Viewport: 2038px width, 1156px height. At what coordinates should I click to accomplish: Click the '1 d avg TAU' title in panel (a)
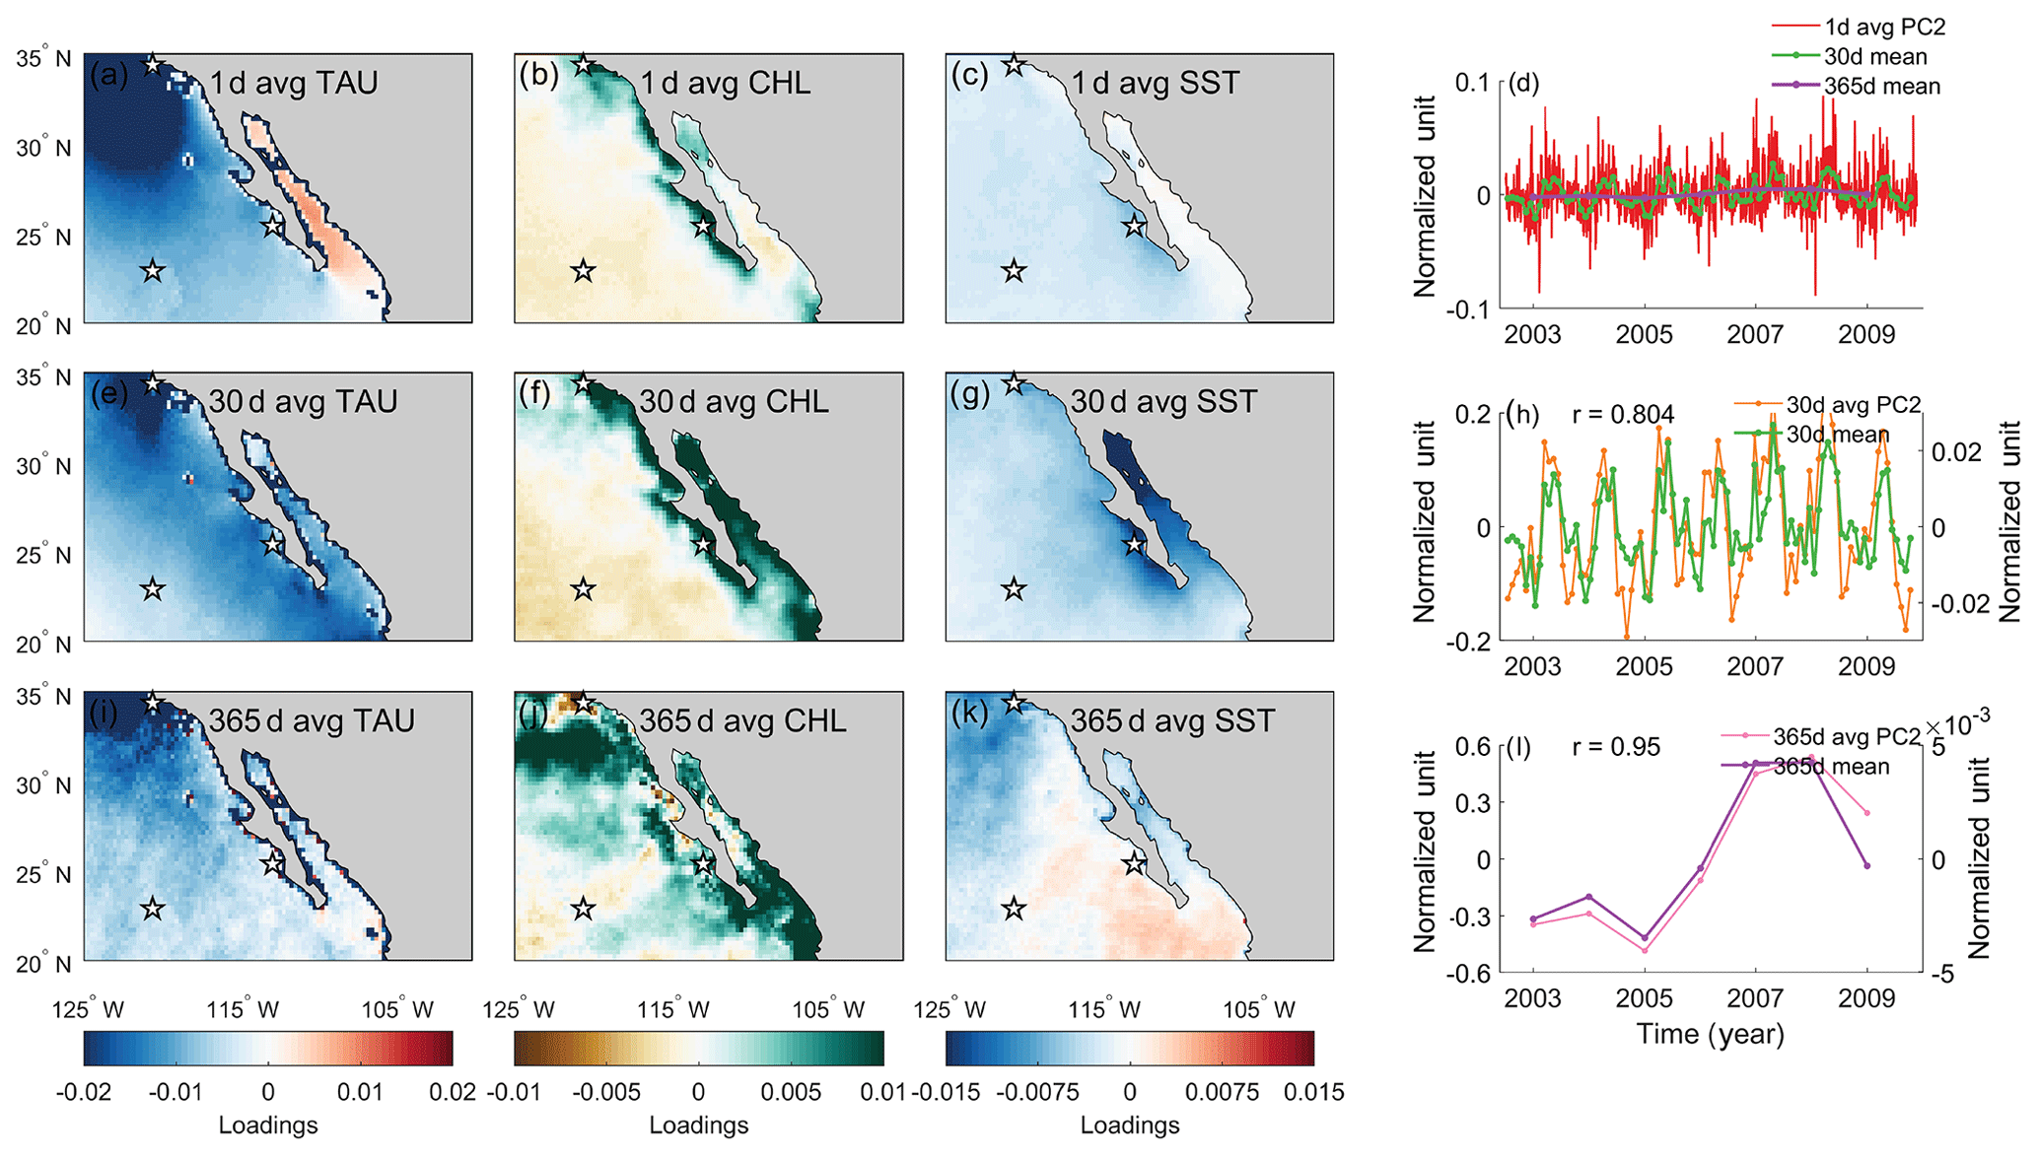pyautogui.click(x=293, y=83)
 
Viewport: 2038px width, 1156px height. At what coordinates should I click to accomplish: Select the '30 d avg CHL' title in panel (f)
pyautogui.click(x=734, y=402)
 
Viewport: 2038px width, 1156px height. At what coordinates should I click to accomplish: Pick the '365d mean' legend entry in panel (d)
pyautogui.click(x=1881, y=87)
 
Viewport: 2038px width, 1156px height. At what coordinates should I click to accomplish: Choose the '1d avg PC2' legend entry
pyautogui.click(x=1883, y=28)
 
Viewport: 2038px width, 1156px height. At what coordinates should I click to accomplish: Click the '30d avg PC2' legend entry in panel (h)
pyautogui.click(x=1853, y=404)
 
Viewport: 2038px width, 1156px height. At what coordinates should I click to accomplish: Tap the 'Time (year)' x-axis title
pyautogui.click(x=1710, y=1034)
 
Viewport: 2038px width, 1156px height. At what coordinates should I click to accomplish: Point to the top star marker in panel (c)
pyautogui.click(x=1014, y=66)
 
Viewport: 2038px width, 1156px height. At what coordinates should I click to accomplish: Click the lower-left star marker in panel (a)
pyautogui.click(x=152, y=271)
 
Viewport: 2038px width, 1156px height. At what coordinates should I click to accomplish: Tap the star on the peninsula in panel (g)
pyautogui.click(x=1134, y=545)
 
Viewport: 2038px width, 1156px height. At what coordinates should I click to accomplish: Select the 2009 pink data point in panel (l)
pyautogui.click(x=1866, y=813)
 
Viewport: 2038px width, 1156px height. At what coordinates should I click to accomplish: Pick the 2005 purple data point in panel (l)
pyautogui.click(x=1644, y=937)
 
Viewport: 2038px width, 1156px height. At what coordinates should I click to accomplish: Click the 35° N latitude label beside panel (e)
pyautogui.click(x=43, y=378)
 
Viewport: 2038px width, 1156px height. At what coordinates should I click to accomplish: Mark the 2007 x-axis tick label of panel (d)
pyautogui.click(x=1755, y=335)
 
